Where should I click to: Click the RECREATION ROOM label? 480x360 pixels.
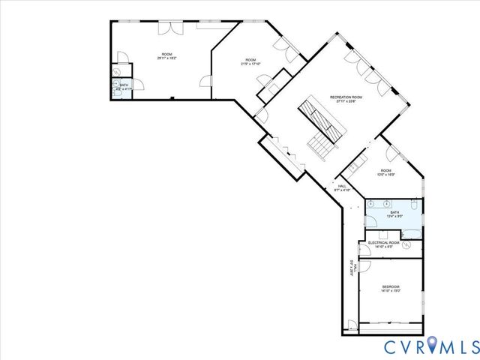346,97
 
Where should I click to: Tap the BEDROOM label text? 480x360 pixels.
391,286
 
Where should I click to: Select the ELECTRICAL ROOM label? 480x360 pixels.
383,242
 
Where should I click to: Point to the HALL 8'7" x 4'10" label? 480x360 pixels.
342,186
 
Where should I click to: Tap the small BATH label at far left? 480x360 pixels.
124,85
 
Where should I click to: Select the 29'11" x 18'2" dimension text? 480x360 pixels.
166,58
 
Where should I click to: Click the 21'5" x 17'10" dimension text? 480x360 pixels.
250,64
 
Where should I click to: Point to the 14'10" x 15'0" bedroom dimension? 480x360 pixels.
391,291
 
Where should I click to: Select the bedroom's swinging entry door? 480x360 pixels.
365,266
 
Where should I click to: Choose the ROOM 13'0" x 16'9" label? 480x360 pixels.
385,173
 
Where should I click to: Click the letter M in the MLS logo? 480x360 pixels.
448,346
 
